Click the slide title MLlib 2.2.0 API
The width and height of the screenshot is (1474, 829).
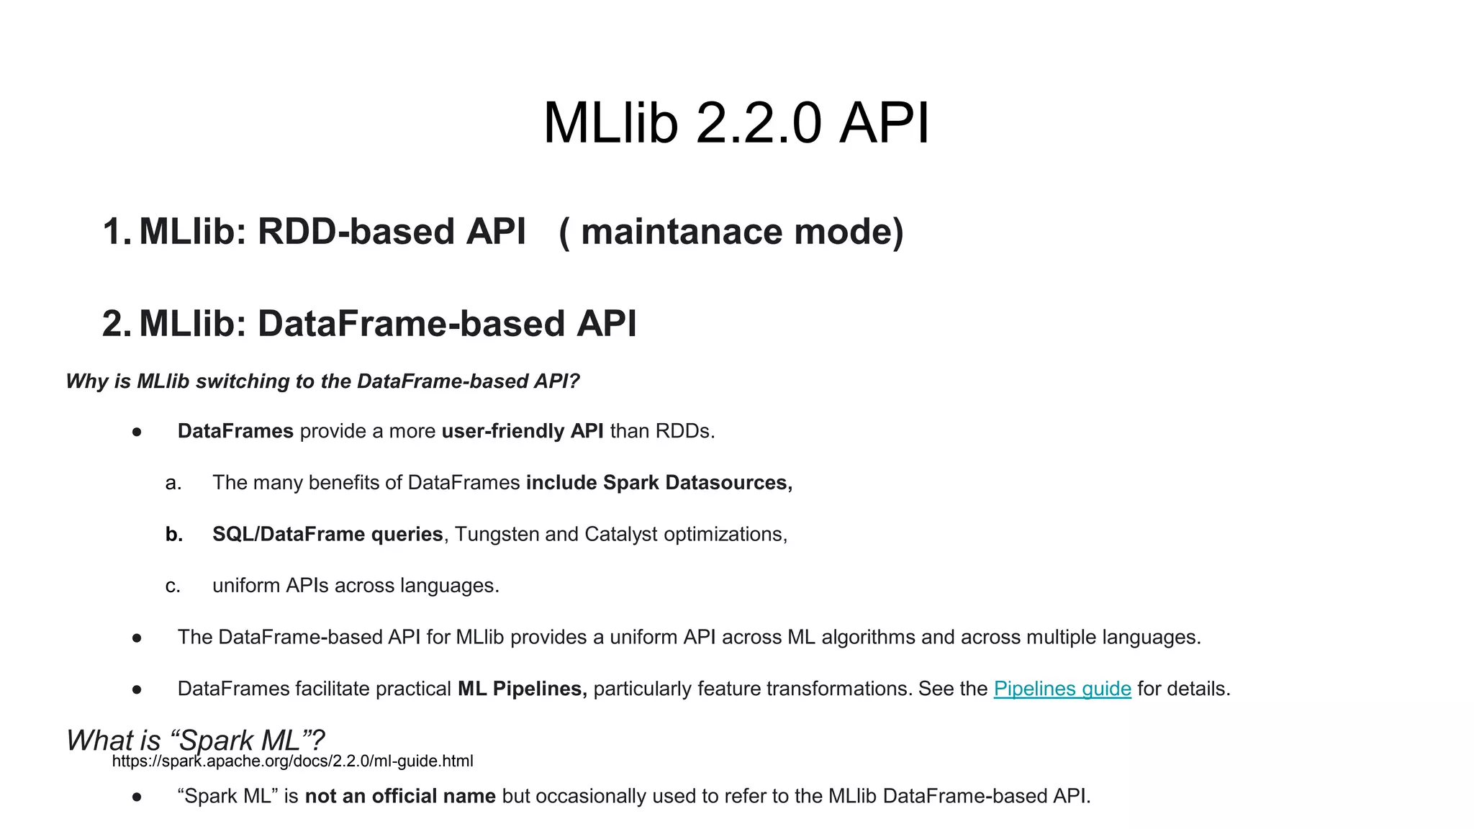736,123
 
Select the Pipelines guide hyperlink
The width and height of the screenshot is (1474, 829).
1062,689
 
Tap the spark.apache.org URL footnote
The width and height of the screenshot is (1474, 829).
292,761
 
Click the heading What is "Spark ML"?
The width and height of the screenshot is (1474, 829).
195,739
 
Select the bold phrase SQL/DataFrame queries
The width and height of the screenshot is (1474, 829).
327,534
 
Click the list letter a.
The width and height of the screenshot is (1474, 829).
173,483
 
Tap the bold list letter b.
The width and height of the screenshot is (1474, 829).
173,534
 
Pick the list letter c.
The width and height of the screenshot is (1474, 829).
173,586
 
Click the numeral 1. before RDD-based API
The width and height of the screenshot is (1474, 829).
116,232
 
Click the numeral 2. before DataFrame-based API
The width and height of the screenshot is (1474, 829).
116,324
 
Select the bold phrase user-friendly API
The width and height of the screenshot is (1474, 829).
523,431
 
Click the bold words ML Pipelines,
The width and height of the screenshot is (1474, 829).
523,689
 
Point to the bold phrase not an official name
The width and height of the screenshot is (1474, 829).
400,796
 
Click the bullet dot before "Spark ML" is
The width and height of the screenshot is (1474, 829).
137,797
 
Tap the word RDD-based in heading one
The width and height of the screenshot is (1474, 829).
356,232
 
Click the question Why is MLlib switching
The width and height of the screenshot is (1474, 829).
322,381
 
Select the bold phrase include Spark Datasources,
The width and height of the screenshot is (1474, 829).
659,483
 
